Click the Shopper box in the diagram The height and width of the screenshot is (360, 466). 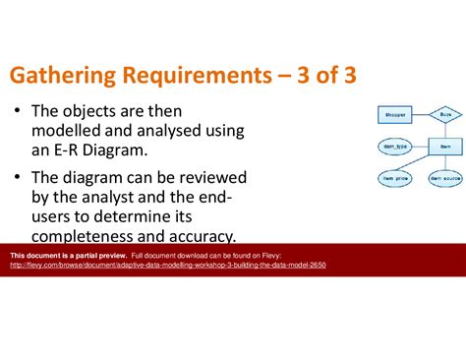(391, 115)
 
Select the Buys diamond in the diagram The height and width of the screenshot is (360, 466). (444, 115)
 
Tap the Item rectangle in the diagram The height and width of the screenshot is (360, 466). (444, 146)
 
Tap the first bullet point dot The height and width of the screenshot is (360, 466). (18, 112)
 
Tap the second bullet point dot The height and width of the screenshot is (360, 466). (18, 177)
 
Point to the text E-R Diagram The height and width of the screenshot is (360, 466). (102, 150)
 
